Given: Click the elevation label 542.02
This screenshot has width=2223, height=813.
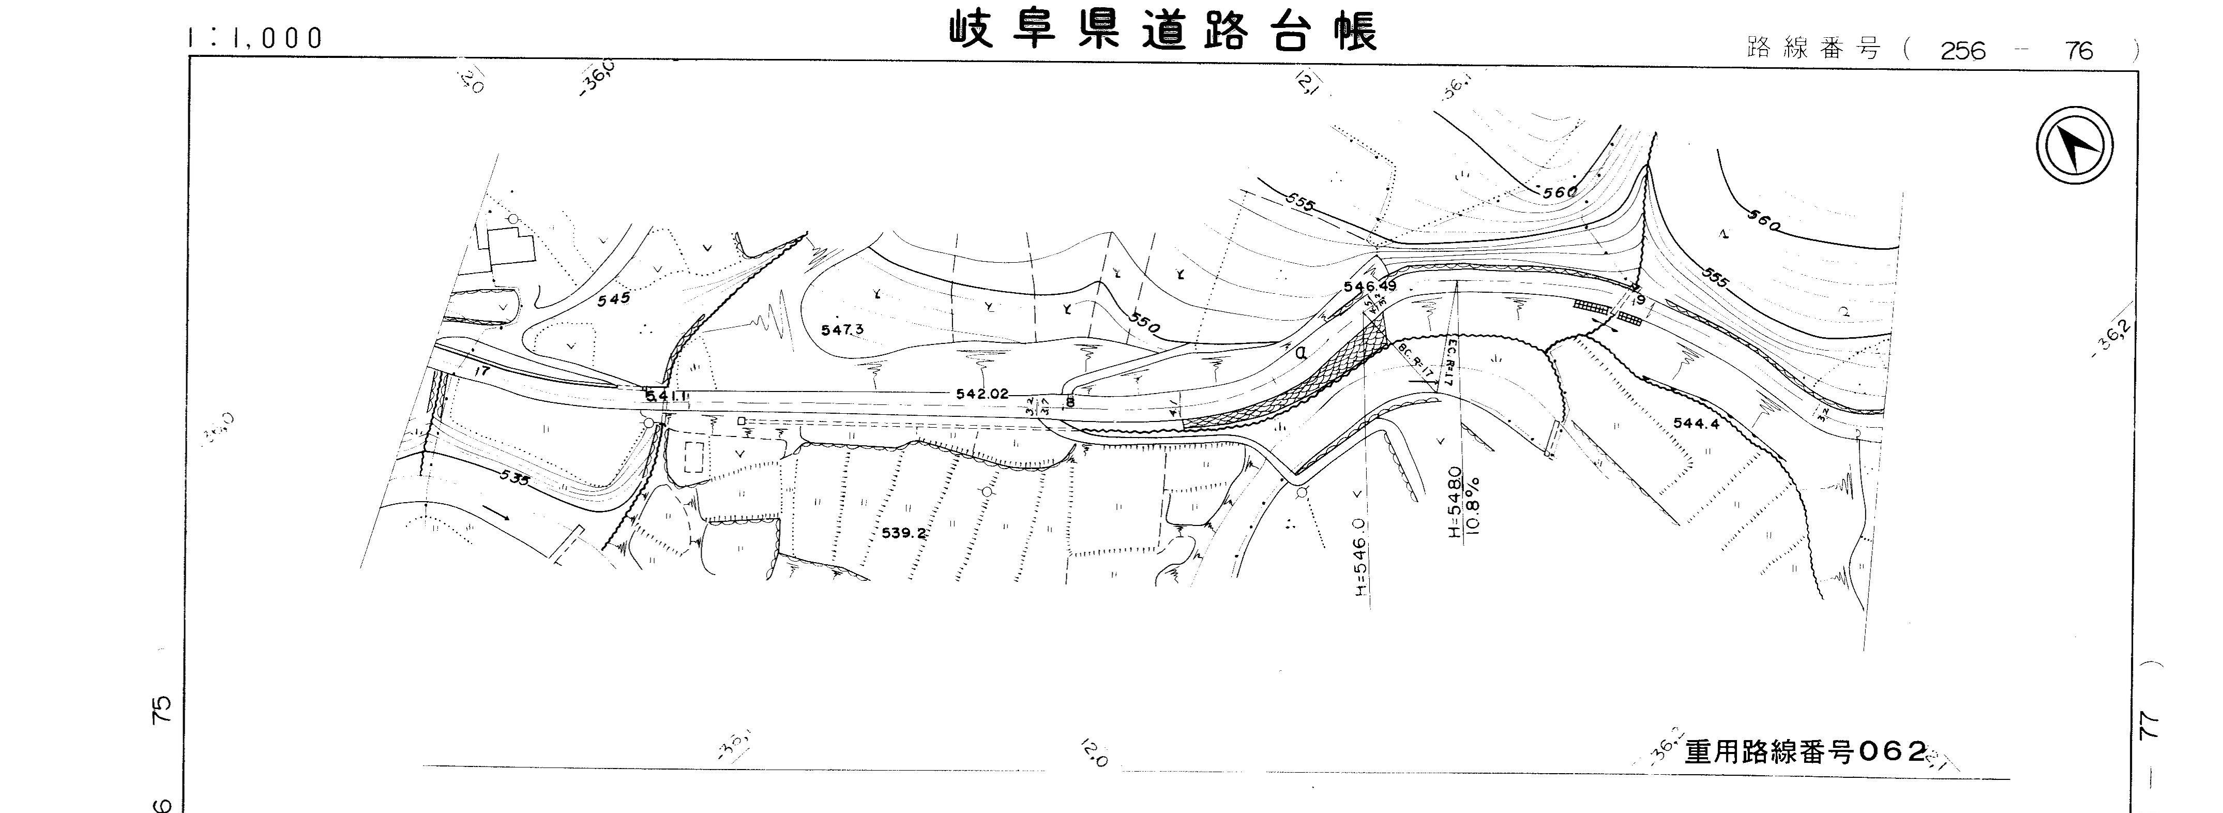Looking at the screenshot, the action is point(982,394).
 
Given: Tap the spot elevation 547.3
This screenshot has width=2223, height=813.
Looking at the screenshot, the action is point(842,329).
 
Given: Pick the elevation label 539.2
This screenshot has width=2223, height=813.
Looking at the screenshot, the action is point(903,533).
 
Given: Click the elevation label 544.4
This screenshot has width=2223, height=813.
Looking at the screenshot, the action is point(1696,424).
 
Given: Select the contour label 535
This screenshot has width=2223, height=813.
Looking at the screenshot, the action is point(515,476).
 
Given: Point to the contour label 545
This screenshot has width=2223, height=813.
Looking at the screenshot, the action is point(614,298).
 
